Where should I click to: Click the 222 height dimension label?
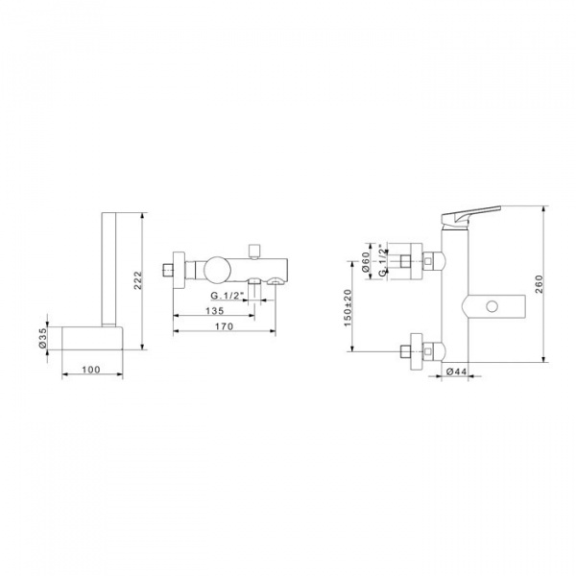pos(137,280)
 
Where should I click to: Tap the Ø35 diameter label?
pos(42,338)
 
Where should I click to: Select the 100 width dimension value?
pos(91,370)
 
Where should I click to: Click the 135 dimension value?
pos(214,311)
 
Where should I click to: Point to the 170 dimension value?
pos(225,326)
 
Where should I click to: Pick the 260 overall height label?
pos(539,284)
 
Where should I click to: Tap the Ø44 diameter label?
pos(456,372)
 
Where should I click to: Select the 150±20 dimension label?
pos(348,308)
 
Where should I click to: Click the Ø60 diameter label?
pos(366,261)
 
